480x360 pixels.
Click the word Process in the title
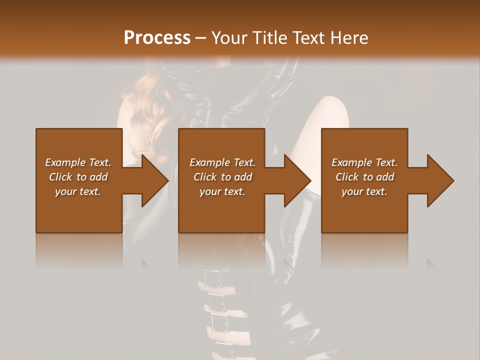click(157, 37)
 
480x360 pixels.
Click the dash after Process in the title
click(201, 38)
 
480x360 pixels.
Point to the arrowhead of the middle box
click(298, 180)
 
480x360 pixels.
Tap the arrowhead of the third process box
click(441, 180)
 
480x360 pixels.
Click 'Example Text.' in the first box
click(78, 162)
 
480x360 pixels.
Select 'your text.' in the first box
click(78, 191)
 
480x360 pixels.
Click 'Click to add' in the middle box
click(222, 177)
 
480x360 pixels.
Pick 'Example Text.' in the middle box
click(222, 162)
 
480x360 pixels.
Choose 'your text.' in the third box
click(364, 191)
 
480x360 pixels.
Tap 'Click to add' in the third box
click(364, 177)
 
